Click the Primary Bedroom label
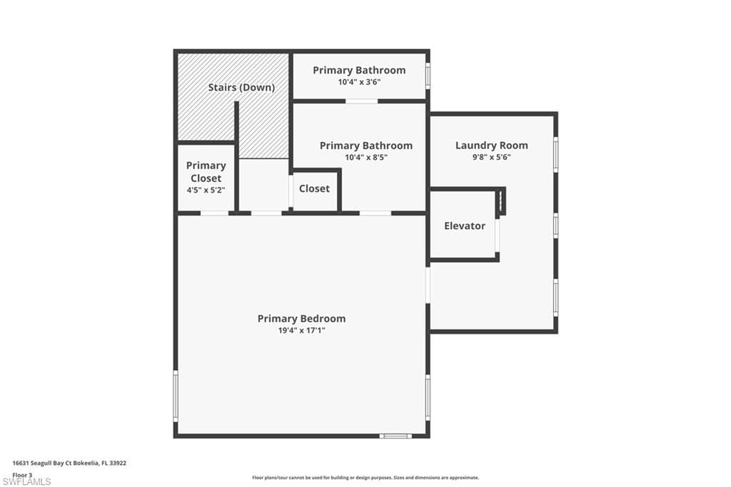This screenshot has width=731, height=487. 302,318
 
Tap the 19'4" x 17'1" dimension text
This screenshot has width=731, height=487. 302,331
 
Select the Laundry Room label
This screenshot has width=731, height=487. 491,145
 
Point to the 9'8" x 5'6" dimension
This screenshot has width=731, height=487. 491,157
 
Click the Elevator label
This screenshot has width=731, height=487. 464,226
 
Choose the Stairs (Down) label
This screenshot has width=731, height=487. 241,87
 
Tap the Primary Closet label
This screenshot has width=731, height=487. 206,171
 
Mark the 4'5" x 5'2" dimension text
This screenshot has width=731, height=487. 206,190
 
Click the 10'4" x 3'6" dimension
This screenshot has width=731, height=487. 359,82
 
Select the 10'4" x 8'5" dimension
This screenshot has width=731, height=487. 366,157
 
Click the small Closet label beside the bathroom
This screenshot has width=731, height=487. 314,189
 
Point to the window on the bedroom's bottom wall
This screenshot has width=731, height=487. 395,436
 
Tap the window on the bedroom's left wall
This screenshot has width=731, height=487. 176,396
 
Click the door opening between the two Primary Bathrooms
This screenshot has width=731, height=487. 362,101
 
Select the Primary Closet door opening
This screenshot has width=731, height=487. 214,214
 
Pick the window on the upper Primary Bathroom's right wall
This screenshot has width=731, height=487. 428,76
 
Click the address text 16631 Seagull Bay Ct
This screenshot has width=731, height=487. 41,463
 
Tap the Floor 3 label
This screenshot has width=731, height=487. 22,476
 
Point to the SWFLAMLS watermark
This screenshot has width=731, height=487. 26,482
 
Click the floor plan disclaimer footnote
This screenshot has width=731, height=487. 365,478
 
